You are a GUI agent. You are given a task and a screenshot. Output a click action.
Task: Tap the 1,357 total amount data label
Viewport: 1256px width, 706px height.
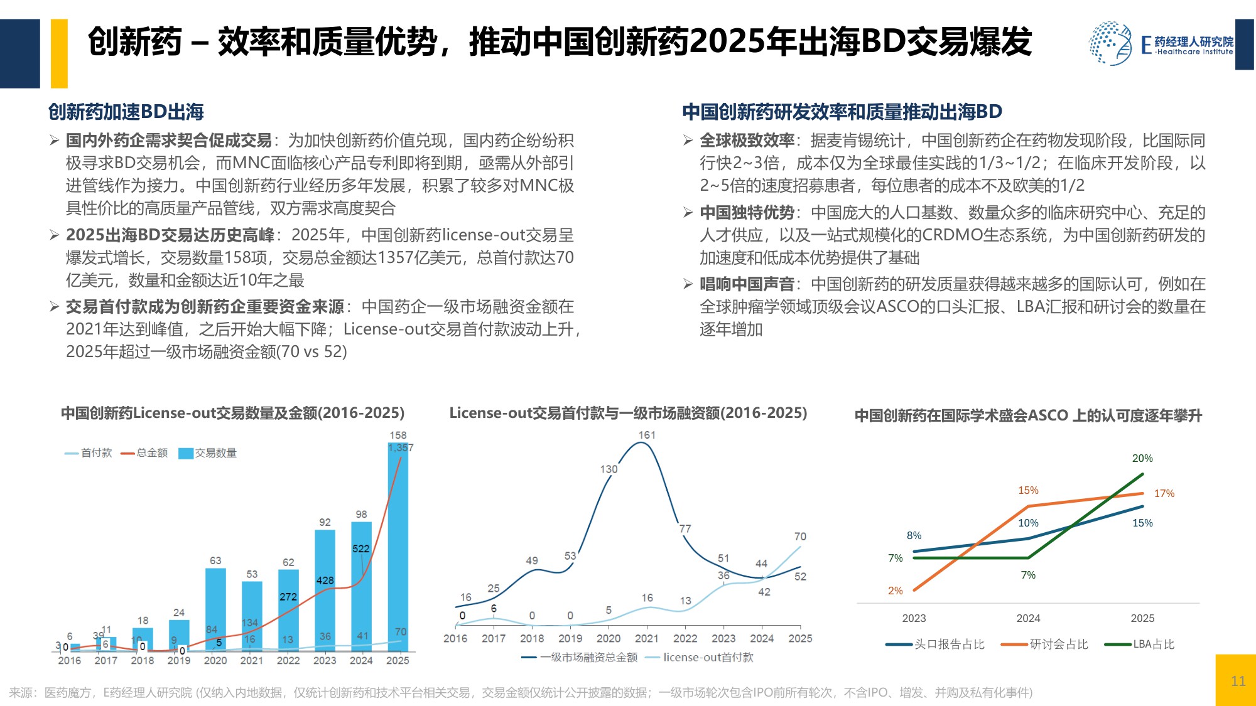[x=401, y=447]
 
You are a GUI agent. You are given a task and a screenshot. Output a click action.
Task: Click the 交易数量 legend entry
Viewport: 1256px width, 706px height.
[x=208, y=453]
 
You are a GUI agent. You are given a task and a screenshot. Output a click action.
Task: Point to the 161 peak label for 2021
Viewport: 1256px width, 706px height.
[x=647, y=435]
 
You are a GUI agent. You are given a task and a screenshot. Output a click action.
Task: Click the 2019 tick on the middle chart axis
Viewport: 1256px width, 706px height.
[x=570, y=638]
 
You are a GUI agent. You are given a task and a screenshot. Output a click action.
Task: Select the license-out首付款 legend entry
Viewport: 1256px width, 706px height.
[x=700, y=657]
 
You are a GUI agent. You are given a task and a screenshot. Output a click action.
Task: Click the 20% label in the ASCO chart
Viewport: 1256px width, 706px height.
[x=1142, y=458]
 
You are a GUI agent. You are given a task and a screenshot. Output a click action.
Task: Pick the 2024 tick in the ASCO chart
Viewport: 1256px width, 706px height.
[x=1028, y=618]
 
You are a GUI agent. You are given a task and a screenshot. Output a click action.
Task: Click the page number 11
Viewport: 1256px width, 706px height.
[x=1238, y=681]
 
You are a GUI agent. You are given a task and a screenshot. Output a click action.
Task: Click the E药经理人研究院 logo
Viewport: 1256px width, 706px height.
[x=1161, y=43]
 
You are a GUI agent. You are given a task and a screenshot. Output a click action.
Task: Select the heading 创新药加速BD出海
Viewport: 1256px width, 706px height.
[x=126, y=112]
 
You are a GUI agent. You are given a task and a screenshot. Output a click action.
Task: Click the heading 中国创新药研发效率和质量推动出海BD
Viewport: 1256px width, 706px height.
[x=842, y=112]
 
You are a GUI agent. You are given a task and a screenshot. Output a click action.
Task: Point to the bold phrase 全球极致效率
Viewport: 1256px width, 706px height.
[x=747, y=141]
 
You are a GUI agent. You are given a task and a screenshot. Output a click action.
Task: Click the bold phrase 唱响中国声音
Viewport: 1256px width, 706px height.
[x=747, y=284]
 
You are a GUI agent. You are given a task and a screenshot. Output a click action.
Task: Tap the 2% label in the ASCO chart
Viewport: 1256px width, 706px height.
[x=895, y=591]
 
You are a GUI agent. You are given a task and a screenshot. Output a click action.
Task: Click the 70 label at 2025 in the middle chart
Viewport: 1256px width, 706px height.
[x=800, y=537]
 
